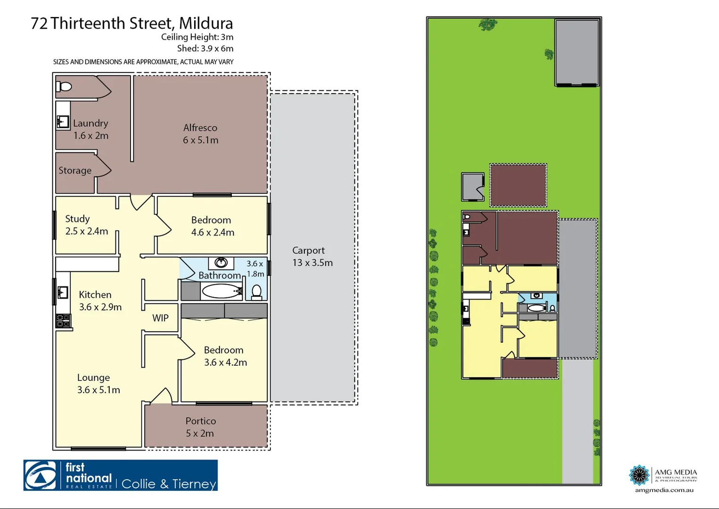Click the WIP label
point(160,318)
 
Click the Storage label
point(75,171)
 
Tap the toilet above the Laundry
point(64,87)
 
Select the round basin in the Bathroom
point(221,263)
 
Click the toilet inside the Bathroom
point(257,292)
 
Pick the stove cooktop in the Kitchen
point(63,321)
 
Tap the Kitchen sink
point(63,293)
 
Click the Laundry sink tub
point(63,122)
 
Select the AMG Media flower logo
point(639,475)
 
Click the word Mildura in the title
point(206,24)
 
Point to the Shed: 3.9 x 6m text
point(205,49)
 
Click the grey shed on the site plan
point(577,52)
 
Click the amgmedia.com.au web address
point(664,490)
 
